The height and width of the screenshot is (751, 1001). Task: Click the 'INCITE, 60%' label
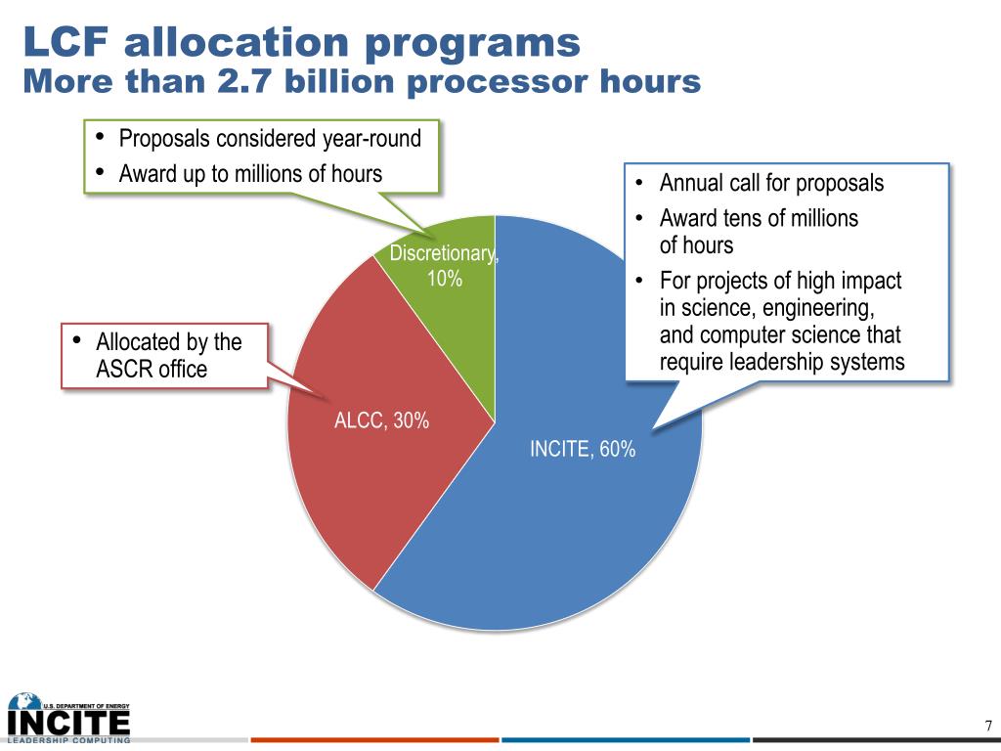583,450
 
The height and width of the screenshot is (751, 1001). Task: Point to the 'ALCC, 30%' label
382,421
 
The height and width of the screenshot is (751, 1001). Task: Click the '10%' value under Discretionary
445,279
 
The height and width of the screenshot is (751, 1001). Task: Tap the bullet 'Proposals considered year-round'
270,139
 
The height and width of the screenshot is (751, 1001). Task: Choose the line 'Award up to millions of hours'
250,174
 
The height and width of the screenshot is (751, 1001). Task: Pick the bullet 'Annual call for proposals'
771,184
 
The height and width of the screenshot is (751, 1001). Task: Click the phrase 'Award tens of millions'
760,219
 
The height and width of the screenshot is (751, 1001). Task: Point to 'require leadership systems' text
782,363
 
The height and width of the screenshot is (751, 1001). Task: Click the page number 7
988,727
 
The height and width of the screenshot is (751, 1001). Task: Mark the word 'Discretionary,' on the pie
445,254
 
